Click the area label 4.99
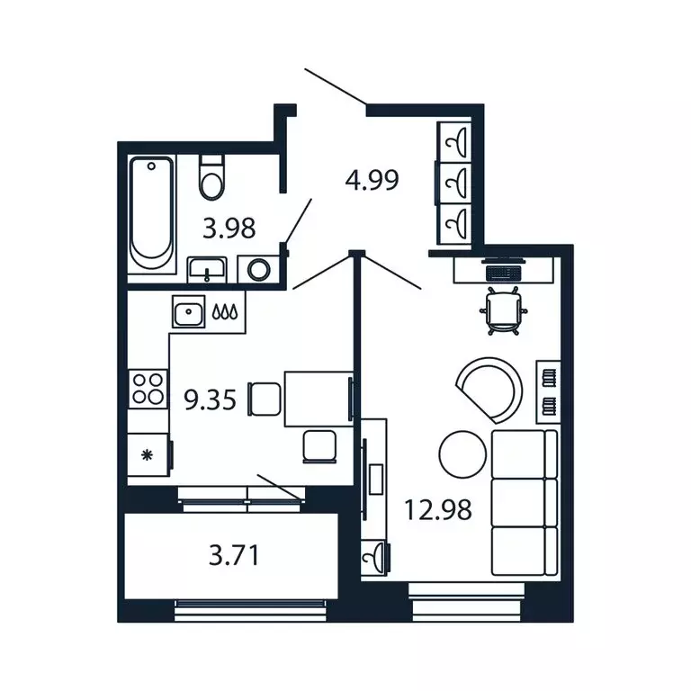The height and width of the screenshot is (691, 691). coord(372,179)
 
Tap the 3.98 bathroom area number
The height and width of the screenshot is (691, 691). coord(229,229)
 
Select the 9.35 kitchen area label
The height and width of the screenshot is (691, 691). coord(211,400)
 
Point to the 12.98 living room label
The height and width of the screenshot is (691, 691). coord(437,509)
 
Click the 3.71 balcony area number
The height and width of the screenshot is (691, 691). coord(234,555)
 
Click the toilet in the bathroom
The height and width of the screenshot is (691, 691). coord(212,177)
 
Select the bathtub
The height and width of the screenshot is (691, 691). coord(151,213)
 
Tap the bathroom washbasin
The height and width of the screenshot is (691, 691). coord(207,270)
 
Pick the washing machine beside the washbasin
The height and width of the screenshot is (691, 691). coord(258,269)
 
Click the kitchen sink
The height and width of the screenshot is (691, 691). coord(189,311)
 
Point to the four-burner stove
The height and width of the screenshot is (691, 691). coord(148,389)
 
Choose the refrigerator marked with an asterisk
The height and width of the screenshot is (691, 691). coord(148,454)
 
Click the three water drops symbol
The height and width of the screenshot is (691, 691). coord(225,311)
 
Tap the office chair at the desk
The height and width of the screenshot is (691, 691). coord(503,310)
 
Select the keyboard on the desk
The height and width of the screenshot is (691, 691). coord(503,273)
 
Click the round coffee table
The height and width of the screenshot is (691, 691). coord(462,454)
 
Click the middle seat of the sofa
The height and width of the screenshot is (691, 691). coord(524,502)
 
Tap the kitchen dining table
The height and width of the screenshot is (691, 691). coord(319,399)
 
